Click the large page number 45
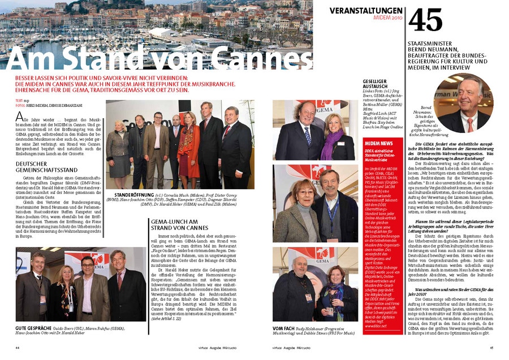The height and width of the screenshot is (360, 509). [x=425, y=20]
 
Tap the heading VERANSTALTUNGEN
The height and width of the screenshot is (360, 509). [x=366, y=11]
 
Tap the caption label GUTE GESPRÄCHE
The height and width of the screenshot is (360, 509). [x=34, y=327]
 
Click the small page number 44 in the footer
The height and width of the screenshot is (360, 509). [x=18, y=348]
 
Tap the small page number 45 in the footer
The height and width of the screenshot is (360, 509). [x=491, y=348]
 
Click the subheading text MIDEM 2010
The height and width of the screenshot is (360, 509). [x=388, y=19]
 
